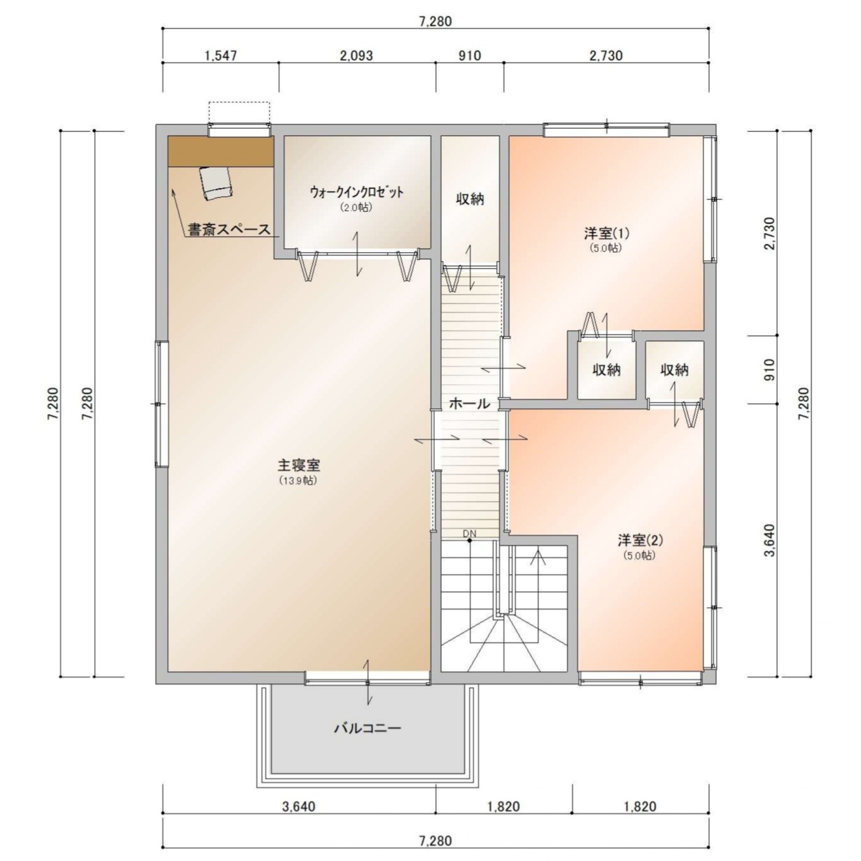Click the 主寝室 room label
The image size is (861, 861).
(x=298, y=465)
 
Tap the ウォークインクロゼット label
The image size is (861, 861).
(x=357, y=192)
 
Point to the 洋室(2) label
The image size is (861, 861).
(x=640, y=540)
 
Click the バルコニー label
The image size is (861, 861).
(x=368, y=729)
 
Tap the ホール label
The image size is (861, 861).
(x=469, y=403)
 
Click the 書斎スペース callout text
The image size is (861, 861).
(x=229, y=230)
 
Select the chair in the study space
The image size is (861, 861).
(x=217, y=183)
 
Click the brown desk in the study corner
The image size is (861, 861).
(x=221, y=152)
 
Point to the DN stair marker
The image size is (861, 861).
(x=469, y=533)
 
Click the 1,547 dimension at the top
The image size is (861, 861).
(x=220, y=55)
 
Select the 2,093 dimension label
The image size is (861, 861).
(x=356, y=55)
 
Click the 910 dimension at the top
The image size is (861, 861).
(x=470, y=55)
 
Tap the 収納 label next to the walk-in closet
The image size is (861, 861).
(x=470, y=199)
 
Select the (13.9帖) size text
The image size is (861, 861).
(x=298, y=481)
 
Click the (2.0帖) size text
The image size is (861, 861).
(x=356, y=208)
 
